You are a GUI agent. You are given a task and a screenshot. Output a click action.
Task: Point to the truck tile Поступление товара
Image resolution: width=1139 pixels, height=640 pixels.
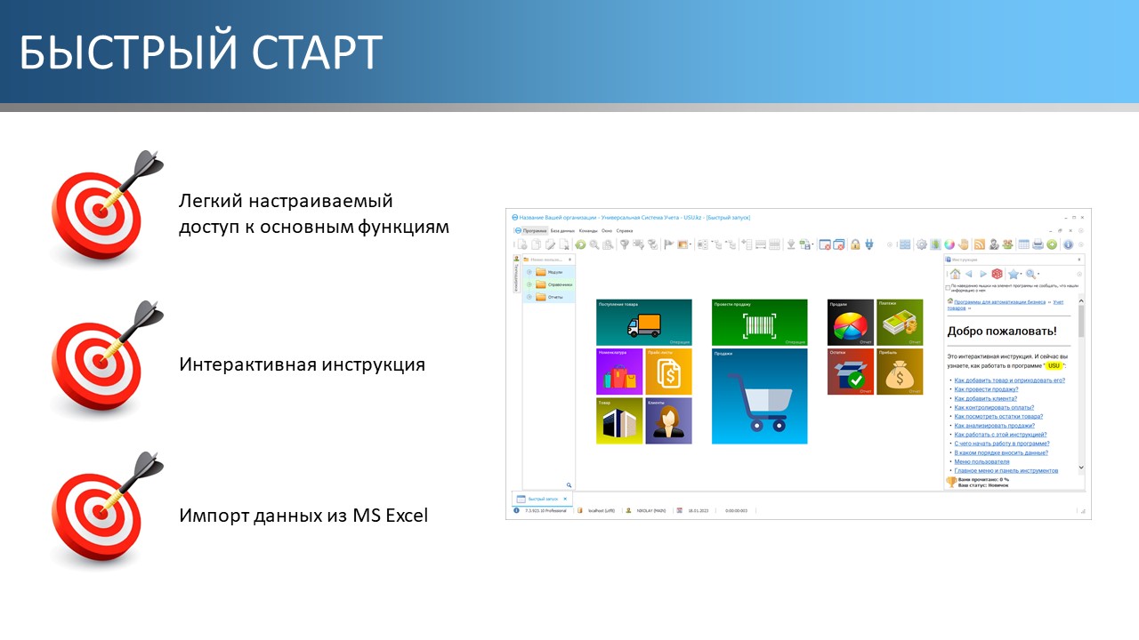tap(643, 322)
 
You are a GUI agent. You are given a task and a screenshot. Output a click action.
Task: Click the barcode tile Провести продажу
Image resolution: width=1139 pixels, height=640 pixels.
tap(759, 322)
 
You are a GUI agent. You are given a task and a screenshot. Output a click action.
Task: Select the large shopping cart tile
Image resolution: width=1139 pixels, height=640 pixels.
tap(759, 396)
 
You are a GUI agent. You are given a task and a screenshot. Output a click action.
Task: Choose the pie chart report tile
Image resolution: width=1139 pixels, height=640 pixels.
tap(851, 322)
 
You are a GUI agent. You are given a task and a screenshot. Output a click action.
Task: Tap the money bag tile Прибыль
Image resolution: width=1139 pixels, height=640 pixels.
tap(900, 372)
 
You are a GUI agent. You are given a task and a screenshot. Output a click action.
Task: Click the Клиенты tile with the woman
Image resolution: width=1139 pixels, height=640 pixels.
tap(668, 420)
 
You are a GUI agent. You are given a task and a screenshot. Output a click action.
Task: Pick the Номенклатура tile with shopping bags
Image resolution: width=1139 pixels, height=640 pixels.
tap(619, 372)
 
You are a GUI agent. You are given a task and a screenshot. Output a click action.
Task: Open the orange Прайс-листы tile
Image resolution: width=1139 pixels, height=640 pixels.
tap(668, 372)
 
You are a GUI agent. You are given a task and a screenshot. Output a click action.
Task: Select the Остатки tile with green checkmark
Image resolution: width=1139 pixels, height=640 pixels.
tap(851, 372)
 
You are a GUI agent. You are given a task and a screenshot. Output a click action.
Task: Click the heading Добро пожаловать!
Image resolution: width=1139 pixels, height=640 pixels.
tap(1001, 332)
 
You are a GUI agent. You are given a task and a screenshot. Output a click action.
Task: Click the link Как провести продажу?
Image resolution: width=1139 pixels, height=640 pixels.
tap(986, 389)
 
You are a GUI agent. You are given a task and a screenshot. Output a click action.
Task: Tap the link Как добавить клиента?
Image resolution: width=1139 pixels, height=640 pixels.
tap(985, 398)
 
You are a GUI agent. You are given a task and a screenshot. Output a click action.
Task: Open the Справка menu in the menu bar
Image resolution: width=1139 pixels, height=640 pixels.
tap(625, 230)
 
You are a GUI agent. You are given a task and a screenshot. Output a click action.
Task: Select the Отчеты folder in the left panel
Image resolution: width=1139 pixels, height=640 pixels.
tap(554, 297)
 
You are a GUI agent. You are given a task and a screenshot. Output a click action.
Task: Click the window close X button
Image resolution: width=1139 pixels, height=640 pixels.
tap(1084, 217)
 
